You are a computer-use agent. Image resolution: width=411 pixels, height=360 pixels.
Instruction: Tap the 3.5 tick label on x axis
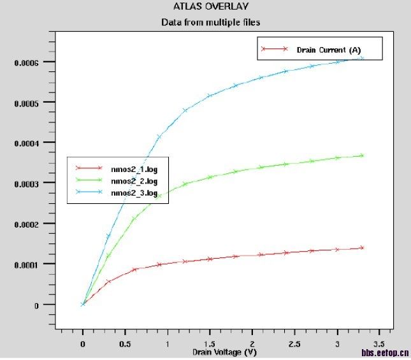[380, 344]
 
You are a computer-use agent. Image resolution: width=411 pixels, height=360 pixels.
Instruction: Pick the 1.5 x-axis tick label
[210, 344]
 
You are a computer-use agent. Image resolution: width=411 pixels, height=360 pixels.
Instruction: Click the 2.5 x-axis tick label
[294, 344]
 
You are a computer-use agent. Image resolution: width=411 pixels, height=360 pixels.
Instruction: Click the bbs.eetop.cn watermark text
[385, 352]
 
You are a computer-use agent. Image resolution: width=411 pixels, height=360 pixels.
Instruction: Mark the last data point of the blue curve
[362, 58]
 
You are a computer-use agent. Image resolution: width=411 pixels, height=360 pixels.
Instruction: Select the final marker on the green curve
[362, 155]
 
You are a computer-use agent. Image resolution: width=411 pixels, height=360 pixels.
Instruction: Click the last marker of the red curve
[362, 247]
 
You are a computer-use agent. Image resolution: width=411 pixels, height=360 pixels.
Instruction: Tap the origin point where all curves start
[83, 305]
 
